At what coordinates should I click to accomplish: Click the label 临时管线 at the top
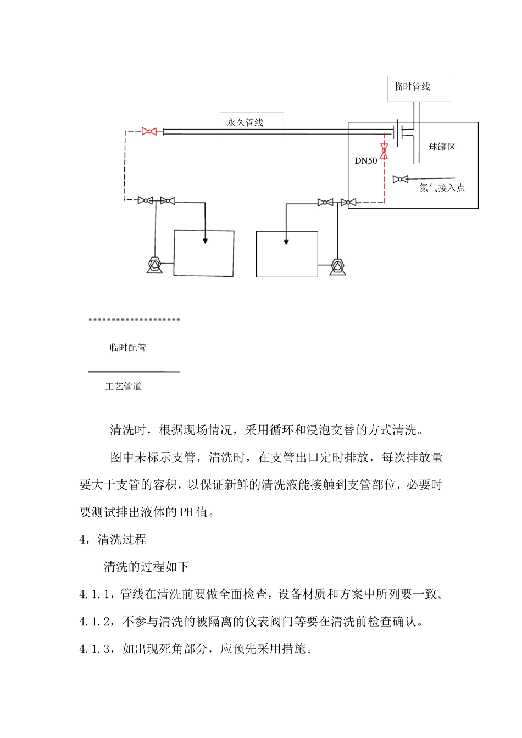pos(412,87)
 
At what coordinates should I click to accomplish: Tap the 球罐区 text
pos(442,147)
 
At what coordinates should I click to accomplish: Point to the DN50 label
pos(366,161)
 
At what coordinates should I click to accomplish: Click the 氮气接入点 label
pos(442,188)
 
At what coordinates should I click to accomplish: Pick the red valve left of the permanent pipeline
pos(149,131)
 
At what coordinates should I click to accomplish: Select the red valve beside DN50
pos(384,150)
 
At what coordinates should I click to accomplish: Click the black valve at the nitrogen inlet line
pos(400,179)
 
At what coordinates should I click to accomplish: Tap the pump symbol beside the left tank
pos(154,265)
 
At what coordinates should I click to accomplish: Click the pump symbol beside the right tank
pos(337,267)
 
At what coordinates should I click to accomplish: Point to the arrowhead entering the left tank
pos(205,240)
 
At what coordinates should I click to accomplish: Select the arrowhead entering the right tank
pos(286,242)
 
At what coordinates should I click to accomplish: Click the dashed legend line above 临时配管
pos(134,320)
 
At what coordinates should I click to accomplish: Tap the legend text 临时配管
pos(128,348)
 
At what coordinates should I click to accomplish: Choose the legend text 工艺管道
pos(124,387)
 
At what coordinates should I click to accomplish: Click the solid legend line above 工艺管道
pos(134,372)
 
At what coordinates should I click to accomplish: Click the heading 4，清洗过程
pos(113,540)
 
